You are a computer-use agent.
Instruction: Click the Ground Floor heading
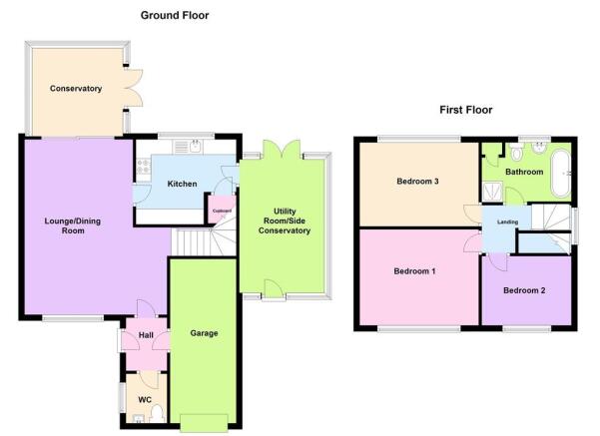point(175,15)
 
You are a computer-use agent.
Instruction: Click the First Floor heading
point(465,110)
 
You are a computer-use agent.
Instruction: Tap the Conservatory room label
point(76,89)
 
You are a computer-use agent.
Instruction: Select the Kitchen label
point(182,184)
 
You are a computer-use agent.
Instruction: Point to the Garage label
point(204,333)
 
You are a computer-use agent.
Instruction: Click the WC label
point(145,400)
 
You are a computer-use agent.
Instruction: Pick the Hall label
point(146,335)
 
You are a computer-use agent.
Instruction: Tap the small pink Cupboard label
point(222,211)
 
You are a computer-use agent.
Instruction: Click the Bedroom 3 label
point(417,181)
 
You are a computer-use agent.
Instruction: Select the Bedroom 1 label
point(414,271)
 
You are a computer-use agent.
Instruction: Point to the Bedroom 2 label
point(524,290)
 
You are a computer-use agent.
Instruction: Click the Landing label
point(507,221)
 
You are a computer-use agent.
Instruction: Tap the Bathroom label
point(524,172)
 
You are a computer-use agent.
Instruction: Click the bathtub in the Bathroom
point(561,174)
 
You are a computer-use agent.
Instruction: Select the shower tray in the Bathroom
point(492,192)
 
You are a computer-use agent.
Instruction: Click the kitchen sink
point(196,147)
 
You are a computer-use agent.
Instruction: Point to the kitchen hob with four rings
point(144,167)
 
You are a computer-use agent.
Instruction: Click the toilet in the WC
point(157,415)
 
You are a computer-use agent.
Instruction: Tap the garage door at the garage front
point(204,423)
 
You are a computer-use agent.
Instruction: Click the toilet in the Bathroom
point(517,152)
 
